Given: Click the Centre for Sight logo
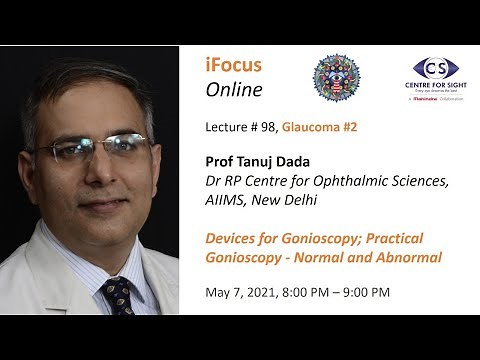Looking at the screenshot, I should [436, 76].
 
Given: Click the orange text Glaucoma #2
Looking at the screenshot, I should [319, 127].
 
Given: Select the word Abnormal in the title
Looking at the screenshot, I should [407, 259].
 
